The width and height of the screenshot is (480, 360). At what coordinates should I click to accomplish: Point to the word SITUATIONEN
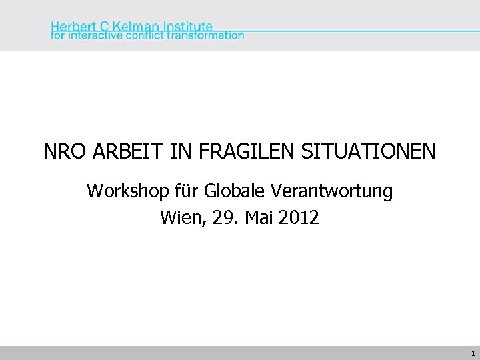[x=369, y=152]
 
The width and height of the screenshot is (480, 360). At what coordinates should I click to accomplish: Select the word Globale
[x=235, y=192]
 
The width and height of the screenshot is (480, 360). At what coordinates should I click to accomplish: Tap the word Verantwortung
[x=332, y=192]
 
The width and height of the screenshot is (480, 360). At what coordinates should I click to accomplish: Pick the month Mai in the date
[x=257, y=217]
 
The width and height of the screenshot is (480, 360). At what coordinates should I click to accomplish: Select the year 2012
[x=299, y=217]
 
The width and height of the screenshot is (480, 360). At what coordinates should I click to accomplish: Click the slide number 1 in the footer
[x=473, y=353]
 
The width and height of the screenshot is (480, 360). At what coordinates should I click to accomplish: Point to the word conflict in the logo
[x=148, y=35]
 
